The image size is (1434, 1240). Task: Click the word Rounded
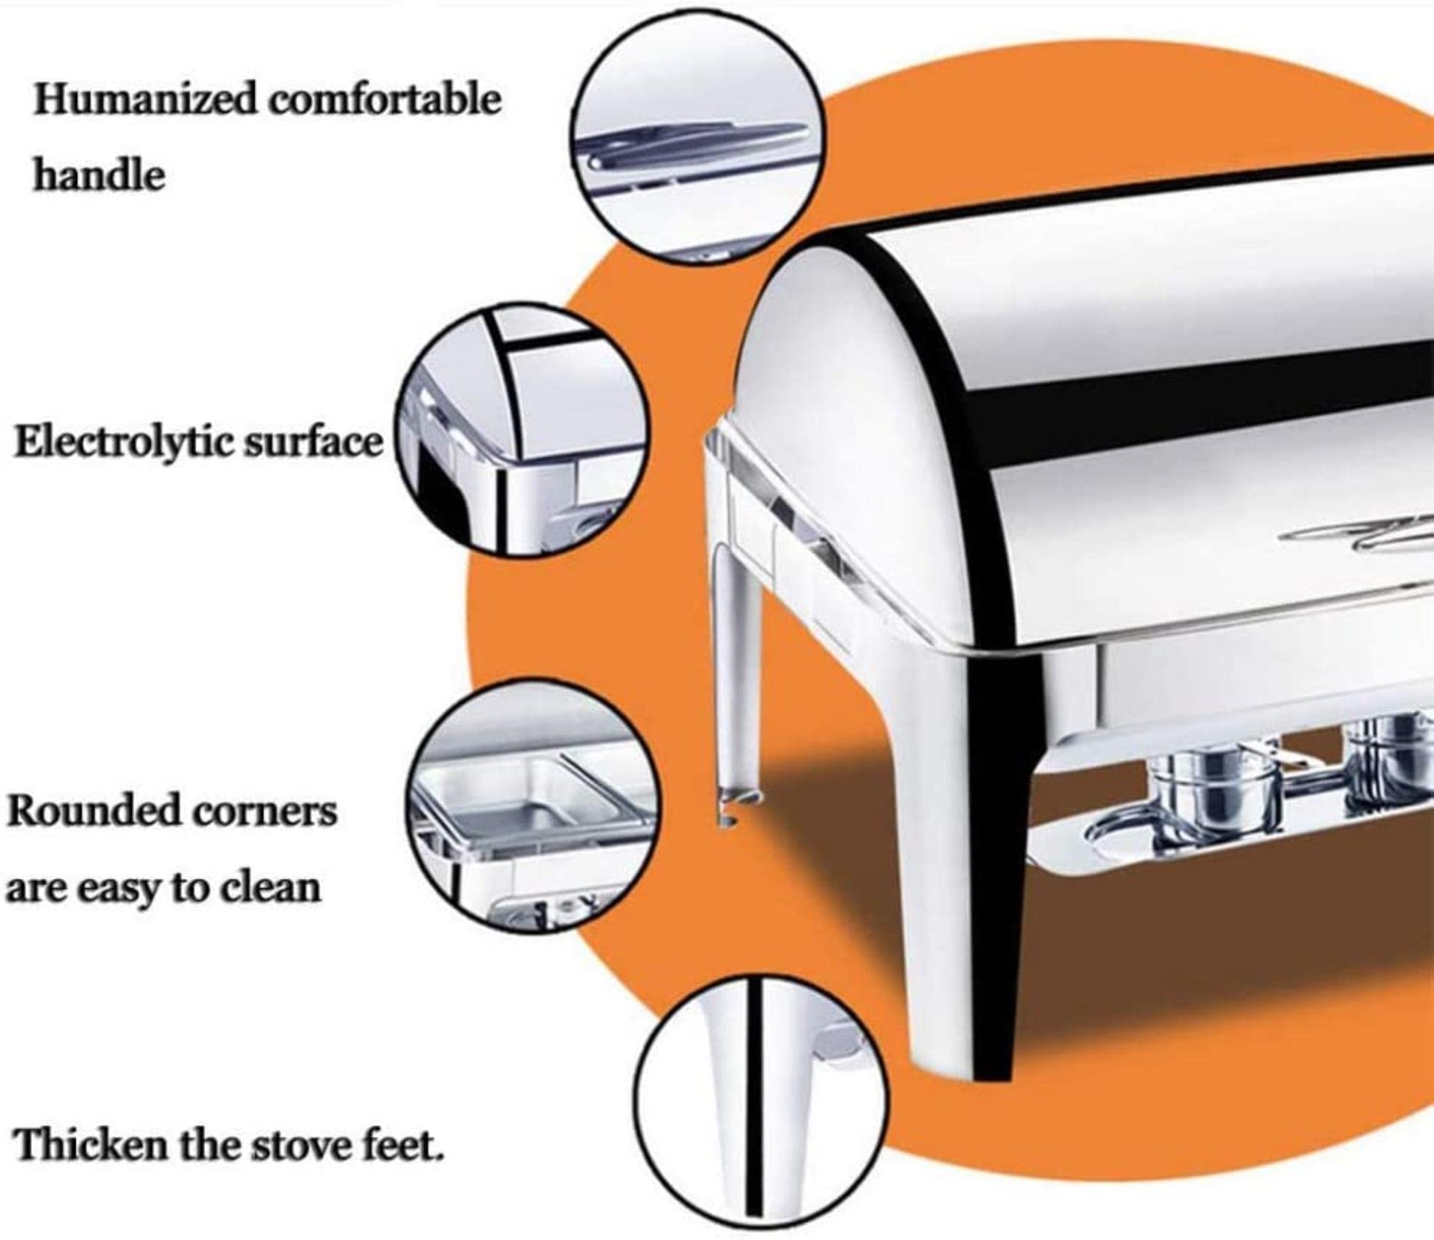tap(92, 811)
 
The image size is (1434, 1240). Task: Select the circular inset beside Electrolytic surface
tap(519, 430)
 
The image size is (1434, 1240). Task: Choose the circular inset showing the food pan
tap(534, 809)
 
